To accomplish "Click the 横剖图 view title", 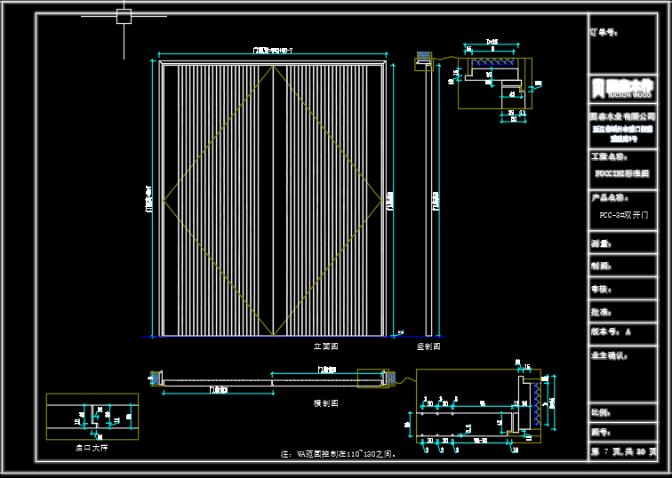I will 326,402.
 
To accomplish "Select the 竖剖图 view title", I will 428,347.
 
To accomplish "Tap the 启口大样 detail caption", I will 92,449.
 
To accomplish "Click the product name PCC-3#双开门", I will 624,215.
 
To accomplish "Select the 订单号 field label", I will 604,33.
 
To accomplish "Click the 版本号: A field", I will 611,331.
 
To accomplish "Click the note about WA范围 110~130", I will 339,453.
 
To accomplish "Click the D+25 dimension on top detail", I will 492,42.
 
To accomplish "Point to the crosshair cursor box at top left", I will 124,16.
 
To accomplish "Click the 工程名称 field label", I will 609,155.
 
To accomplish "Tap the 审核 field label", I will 601,290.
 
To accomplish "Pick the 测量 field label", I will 601,243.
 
